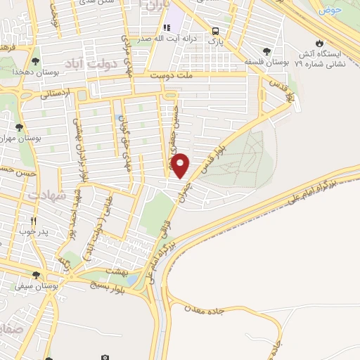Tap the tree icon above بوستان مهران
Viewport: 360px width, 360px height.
coord(19,127)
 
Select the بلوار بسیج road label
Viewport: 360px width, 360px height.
coord(105,288)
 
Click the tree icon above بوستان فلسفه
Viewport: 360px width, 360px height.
coord(266,51)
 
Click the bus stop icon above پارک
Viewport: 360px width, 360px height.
coord(214,31)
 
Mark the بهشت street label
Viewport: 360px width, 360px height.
coord(115,270)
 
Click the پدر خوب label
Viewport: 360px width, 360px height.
coord(34,231)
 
